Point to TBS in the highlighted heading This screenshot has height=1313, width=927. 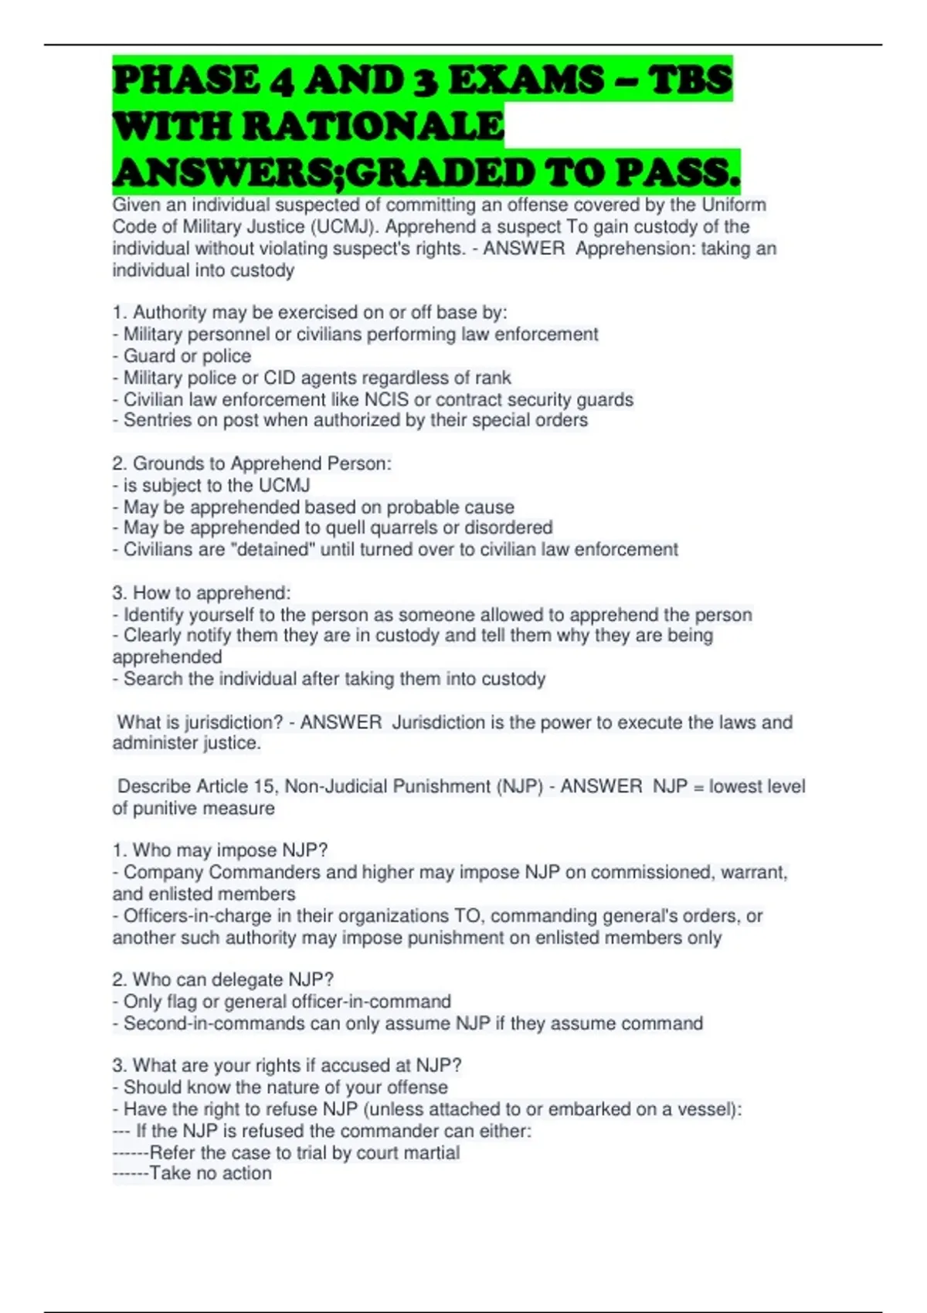(689, 80)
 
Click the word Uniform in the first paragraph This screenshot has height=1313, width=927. (734, 205)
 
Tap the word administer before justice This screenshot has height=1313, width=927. (154, 743)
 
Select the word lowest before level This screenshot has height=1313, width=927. (742, 786)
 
